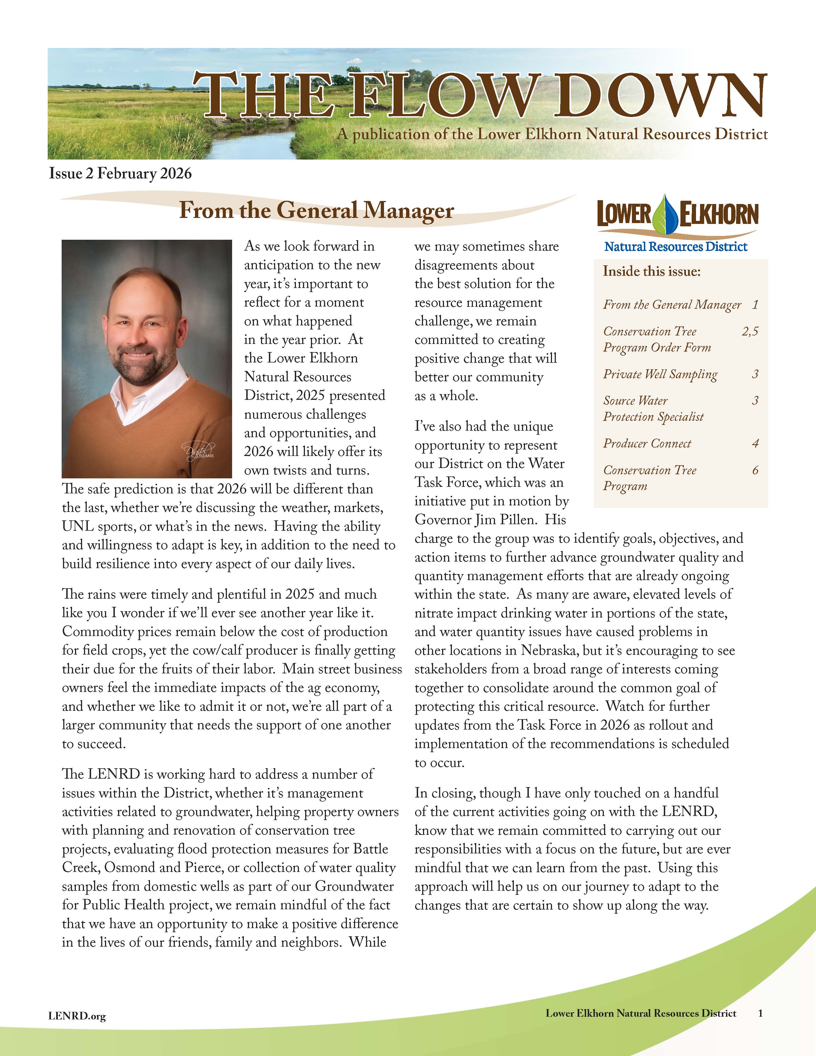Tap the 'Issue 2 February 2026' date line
coord(120,173)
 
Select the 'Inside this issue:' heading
coord(651,271)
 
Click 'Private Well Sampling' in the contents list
coord(660,374)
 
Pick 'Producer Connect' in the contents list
coord(647,443)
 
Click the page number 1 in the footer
coord(760,1013)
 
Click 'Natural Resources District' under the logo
coord(675,247)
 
